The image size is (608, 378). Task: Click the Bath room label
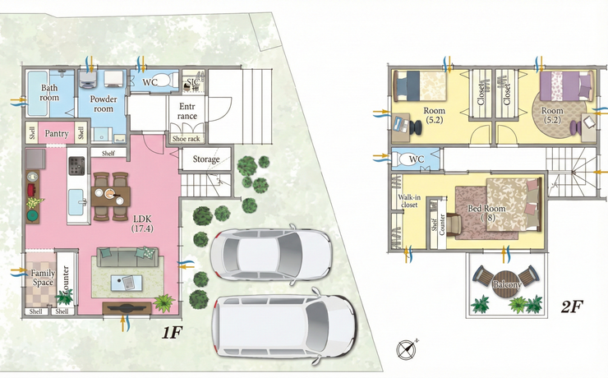49,93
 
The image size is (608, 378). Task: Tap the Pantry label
57,134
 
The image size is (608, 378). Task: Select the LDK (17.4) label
142,224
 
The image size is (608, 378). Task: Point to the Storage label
206,159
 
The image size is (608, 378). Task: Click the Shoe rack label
187,138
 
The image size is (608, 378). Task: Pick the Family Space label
43,278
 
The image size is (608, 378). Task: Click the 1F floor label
172,332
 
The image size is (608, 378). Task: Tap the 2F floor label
573,307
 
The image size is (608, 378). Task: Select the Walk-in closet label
409,201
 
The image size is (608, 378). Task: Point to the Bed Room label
486,213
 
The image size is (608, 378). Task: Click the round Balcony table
505,284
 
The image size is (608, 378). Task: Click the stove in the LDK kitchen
76,165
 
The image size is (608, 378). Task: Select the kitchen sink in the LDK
76,201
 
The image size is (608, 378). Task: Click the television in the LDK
127,308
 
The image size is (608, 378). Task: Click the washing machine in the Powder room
89,80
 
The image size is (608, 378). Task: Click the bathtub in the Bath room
38,93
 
